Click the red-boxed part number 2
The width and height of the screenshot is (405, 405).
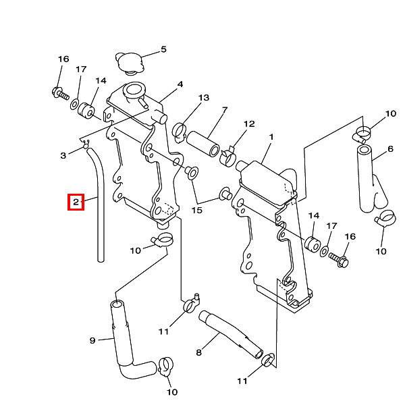click(x=76, y=201)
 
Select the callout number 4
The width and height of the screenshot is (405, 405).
click(x=180, y=85)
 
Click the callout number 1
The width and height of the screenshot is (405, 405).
click(x=271, y=137)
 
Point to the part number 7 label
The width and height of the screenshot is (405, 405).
click(x=225, y=109)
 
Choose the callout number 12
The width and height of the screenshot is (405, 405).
click(x=249, y=124)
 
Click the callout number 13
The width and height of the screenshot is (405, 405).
click(x=204, y=98)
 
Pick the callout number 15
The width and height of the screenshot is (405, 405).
click(x=196, y=211)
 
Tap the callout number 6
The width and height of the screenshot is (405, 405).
click(x=390, y=149)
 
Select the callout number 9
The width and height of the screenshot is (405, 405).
click(x=92, y=340)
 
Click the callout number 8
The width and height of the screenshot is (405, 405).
click(x=198, y=352)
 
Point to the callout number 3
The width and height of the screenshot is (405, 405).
click(x=63, y=155)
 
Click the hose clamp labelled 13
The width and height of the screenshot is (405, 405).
click(x=180, y=128)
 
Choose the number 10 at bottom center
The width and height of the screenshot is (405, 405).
click(x=172, y=391)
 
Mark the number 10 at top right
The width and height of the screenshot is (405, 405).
click(x=390, y=113)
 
